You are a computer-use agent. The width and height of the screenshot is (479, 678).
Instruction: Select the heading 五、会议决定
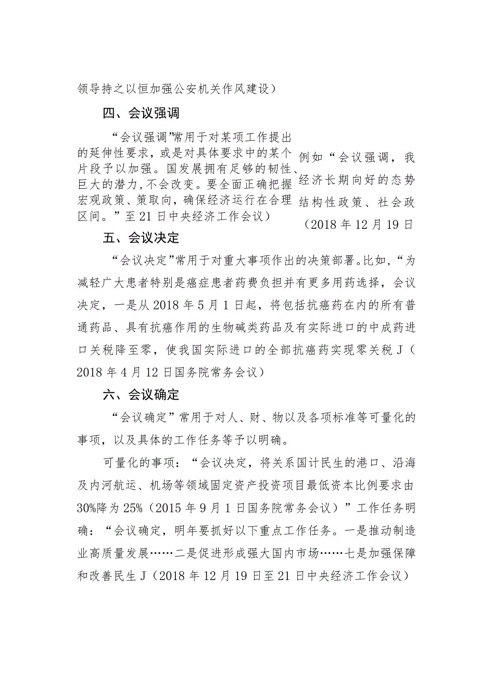click(141, 238)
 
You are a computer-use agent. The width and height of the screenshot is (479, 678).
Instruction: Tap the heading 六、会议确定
click(141, 395)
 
